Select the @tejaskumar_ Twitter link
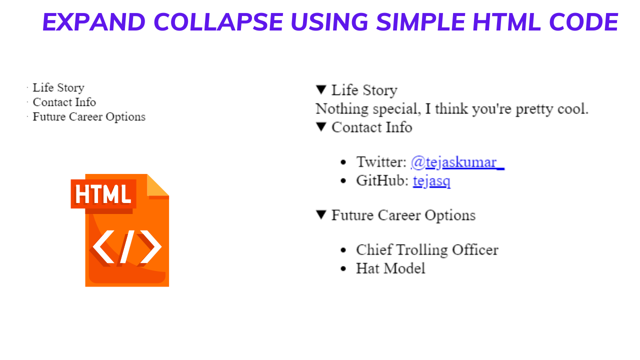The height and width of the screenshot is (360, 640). click(x=457, y=162)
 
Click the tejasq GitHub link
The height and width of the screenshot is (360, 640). click(x=431, y=180)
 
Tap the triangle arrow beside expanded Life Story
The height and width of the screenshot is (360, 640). click(x=321, y=90)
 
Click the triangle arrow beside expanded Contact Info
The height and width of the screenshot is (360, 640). click(x=321, y=127)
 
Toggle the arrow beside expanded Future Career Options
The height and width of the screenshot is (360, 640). click(x=321, y=215)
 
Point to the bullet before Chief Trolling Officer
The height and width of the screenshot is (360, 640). click(x=343, y=250)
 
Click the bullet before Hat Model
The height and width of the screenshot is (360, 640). click(x=343, y=268)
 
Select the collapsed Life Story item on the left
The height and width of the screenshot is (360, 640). click(x=58, y=87)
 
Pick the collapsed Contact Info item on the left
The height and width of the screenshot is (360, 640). click(x=64, y=102)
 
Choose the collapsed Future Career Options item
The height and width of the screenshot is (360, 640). click(x=89, y=116)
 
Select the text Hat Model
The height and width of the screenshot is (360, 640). click(x=390, y=268)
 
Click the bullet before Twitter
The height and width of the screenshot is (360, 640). click(x=343, y=162)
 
